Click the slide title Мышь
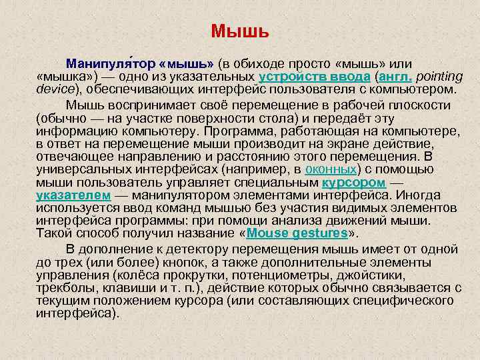(239, 31)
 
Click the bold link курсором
(353, 182)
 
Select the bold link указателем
(73, 195)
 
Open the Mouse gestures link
(297, 233)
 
